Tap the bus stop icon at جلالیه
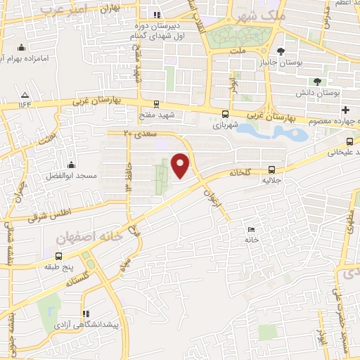pyautogui.click(x=271, y=169)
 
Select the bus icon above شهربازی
pyautogui.click(x=225, y=114)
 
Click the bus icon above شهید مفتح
pyautogui.click(x=155, y=103)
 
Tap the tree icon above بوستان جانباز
pyautogui.click(x=281, y=51)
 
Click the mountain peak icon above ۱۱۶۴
pyautogui.click(x=25, y=95)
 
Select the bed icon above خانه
pyautogui.click(x=251, y=229)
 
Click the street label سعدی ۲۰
pyautogui.click(x=138, y=132)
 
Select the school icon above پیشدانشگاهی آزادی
pyautogui.click(x=86, y=314)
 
